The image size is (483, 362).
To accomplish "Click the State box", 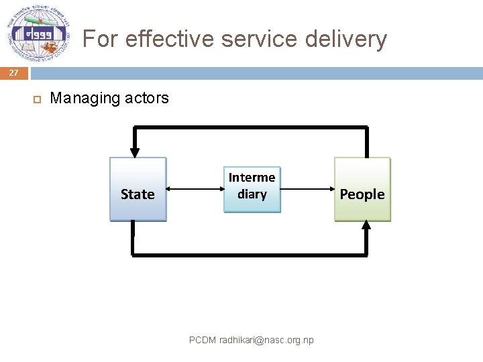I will click(138, 190).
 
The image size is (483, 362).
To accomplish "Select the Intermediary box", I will click(252, 190).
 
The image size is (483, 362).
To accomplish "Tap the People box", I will click(362, 190).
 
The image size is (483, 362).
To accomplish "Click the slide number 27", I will click(14, 73).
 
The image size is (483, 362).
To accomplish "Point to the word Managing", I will click(85, 98).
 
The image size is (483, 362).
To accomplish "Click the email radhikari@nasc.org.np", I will click(266, 341).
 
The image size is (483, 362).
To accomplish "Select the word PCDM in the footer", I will click(202, 341).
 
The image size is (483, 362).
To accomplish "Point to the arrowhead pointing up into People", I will click(366, 227).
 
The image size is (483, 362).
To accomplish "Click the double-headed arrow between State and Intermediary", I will click(195, 190).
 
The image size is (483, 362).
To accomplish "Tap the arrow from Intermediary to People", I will click(307, 190).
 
